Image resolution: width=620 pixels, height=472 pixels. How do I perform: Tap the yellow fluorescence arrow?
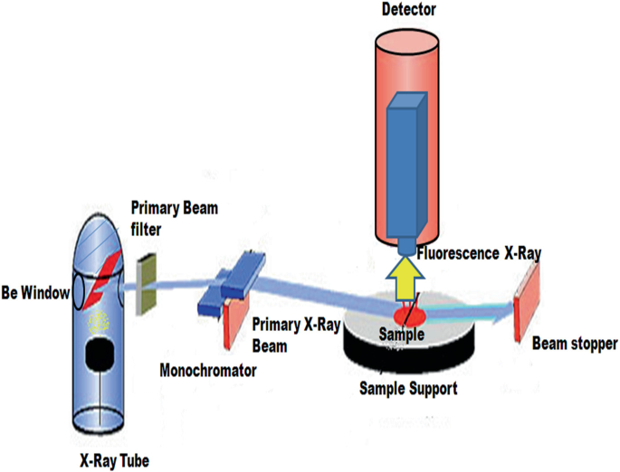tap(405, 275)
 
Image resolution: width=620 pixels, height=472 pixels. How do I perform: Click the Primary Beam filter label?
tap(174, 216)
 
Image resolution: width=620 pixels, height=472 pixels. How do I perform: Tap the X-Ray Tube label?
tap(114, 460)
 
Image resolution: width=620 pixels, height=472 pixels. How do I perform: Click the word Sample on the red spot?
tap(403, 334)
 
